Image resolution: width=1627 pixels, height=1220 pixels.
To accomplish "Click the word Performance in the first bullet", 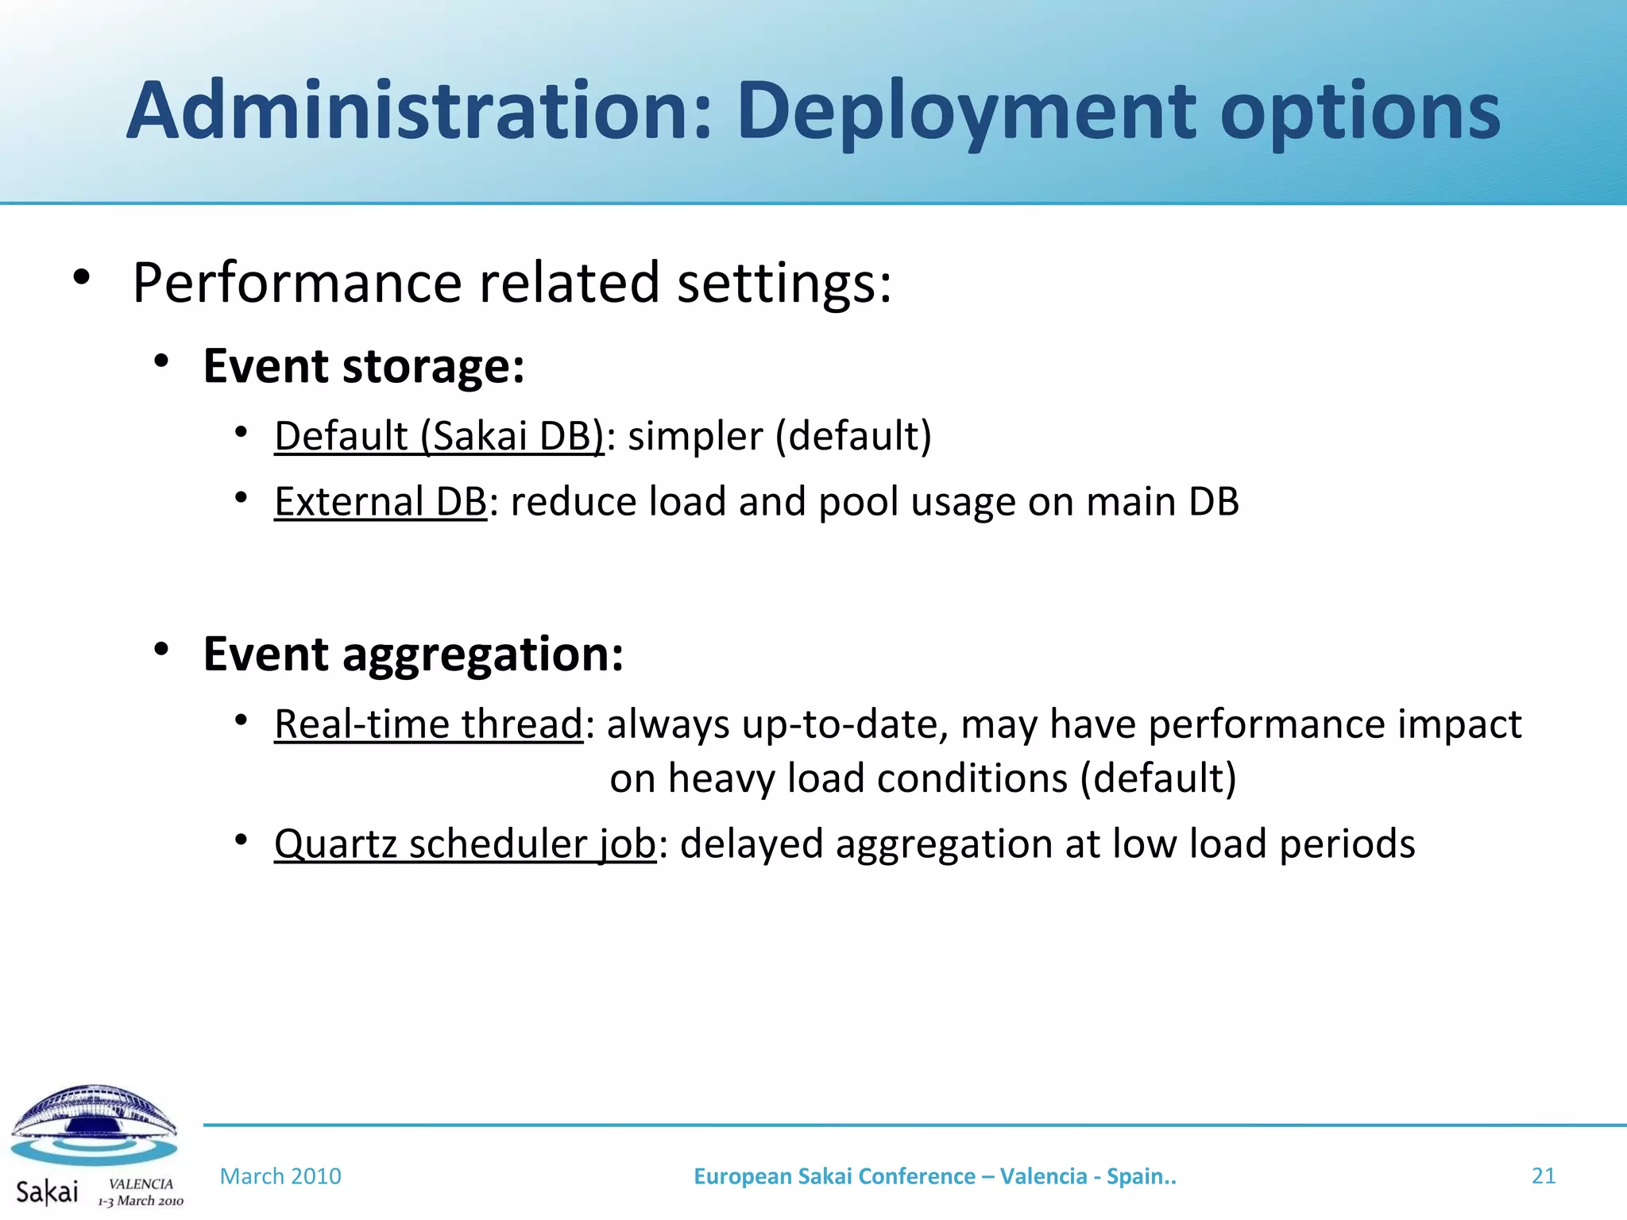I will coord(297,283).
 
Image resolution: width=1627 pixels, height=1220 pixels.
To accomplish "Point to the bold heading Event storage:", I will coord(364,366).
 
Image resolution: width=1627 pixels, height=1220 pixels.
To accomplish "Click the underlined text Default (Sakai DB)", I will coord(439,436).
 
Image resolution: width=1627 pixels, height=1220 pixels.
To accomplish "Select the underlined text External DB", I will coord(380,502).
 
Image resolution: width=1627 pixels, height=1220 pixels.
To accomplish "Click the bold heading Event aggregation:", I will coord(413,654).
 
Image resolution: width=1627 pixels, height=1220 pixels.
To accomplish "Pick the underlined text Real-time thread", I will coord(429,724).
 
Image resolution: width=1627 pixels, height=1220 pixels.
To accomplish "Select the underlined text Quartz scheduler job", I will coord(465,844).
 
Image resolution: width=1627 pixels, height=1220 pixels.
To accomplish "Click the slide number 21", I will coord(1543,1176).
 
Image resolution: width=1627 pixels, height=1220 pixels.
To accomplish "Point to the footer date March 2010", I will coord(280,1176).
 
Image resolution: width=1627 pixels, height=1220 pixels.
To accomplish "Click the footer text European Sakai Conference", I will coord(834,1176).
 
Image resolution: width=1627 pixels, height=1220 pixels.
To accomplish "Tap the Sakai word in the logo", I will coord(47,1191).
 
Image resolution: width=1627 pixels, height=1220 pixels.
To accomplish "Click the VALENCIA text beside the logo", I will coord(141,1183).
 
